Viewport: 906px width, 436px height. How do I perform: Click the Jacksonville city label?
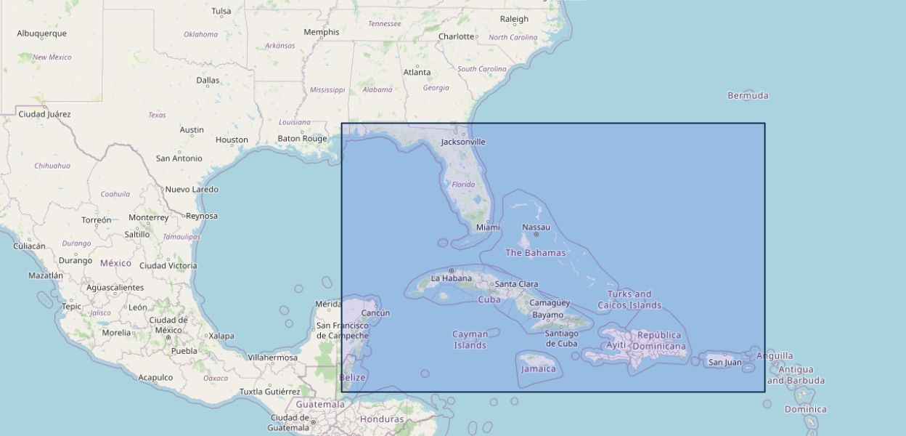pyautogui.click(x=463, y=142)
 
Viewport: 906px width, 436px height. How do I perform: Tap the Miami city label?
pyautogui.click(x=488, y=227)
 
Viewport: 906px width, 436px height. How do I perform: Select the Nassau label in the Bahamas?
pyautogui.click(x=536, y=227)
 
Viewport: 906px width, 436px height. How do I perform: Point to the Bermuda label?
pyautogui.click(x=748, y=95)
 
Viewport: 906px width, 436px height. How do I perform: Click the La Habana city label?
pyautogui.click(x=452, y=278)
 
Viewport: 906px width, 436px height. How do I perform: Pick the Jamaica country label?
pyautogui.click(x=538, y=368)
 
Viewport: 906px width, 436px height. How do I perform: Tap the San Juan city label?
pyautogui.click(x=725, y=362)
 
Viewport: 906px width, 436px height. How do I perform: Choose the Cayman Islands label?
pyautogui.click(x=470, y=339)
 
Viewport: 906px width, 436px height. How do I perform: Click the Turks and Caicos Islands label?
pyautogui.click(x=629, y=299)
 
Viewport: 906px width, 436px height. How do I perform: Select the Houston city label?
pyautogui.click(x=232, y=140)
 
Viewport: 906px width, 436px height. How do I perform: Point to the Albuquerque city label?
pyautogui.click(x=41, y=33)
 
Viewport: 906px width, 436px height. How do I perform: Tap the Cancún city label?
pyautogui.click(x=375, y=313)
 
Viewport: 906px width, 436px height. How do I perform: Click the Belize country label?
pyautogui.click(x=353, y=377)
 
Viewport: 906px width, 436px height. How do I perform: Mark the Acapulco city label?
pyautogui.click(x=155, y=377)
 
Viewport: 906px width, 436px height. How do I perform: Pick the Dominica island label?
pyautogui.click(x=805, y=409)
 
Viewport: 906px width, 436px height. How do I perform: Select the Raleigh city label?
pyautogui.click(x=514, y=19)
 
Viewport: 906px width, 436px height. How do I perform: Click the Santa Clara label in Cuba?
pyautogui.click(x=517, y=284)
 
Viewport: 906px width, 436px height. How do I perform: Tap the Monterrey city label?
pyautogui.click(x=148, y=217)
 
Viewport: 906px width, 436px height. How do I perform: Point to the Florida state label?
pyautogui.click(x=463, y=185)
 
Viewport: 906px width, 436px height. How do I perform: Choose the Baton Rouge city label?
pyautogui.click(x=302, y=138)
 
